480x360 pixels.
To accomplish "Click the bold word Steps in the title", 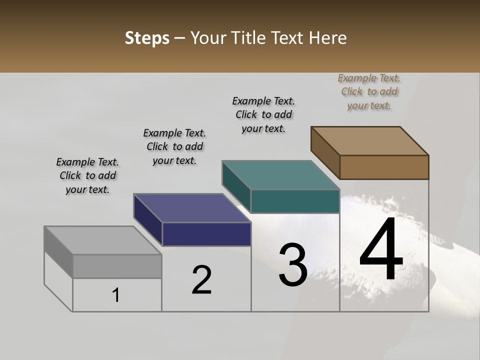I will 147,38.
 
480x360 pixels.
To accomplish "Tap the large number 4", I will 381,250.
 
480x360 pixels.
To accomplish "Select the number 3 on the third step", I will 293,265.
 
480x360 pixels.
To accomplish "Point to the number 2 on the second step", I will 201,280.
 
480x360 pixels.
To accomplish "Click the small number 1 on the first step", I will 116,295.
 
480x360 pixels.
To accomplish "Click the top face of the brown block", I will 369,140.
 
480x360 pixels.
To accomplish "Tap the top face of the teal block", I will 280,175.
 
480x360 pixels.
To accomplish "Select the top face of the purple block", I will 192,208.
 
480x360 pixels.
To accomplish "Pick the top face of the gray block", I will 103,240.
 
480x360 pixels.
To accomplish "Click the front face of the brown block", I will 384,167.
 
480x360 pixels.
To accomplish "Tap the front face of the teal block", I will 295,201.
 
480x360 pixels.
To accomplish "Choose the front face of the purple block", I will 206,234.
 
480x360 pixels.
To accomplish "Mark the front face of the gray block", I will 117,266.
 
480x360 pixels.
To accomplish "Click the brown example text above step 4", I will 369,91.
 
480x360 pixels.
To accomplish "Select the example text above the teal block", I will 263,114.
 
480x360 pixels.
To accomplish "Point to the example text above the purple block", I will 174,146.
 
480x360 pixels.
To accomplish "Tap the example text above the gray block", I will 87,175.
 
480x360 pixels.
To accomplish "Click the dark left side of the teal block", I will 236,186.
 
